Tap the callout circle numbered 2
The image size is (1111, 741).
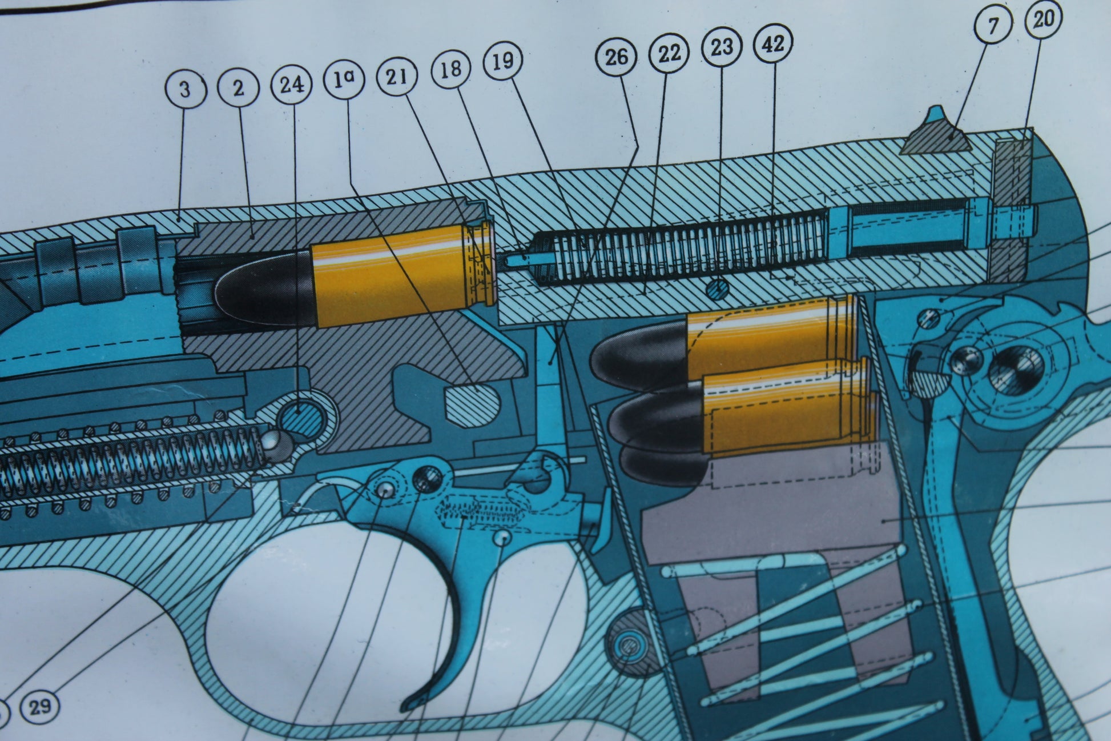(239, 88)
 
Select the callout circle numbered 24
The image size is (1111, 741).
(292, 85)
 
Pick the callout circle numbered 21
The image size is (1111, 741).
(396, 76)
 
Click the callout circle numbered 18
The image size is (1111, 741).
(451, 69)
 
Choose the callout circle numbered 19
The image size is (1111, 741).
(503, 61)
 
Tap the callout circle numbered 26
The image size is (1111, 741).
(617, 57)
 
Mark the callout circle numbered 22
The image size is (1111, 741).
(669, 53)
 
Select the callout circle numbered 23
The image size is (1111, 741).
(722, 46)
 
